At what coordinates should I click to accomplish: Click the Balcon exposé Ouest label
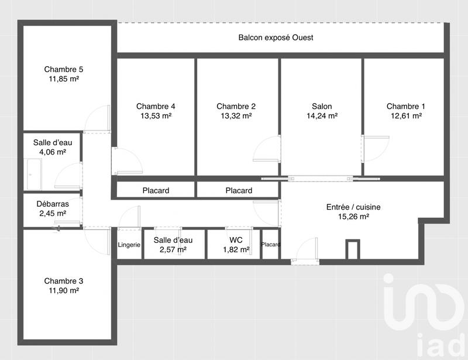pos(276,38)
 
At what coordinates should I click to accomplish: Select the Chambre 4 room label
pos(156,106)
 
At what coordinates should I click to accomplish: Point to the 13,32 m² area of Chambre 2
pos(236,116)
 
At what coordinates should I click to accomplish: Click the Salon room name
pos(322,106)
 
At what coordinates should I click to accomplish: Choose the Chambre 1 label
pos(405,106)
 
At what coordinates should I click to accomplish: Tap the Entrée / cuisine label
pos(357,207)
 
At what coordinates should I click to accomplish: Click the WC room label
pos(236,240)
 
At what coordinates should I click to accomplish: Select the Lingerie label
pos(129,245)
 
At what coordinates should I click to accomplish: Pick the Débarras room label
pos(53,204)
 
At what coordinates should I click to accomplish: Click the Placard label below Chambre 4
pos(156,190)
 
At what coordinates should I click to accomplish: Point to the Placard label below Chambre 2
pos(239,190)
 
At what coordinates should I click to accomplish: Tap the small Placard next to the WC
pos(271,245)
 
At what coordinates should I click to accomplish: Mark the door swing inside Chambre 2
pos(266,149)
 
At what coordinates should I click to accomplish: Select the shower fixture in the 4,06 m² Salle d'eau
pos(31,170)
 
